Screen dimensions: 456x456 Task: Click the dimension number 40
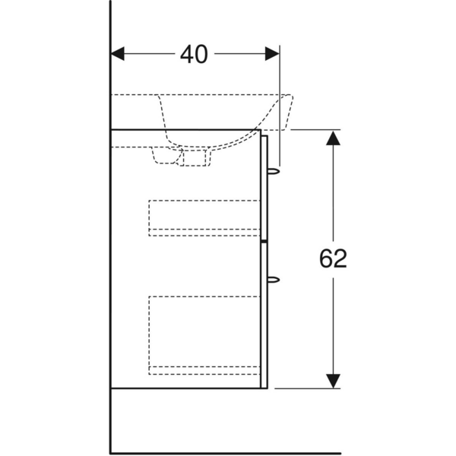(x=194, y=55)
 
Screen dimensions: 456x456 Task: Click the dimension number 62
(x=333, y=258)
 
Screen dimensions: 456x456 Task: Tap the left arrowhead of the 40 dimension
(x=118, y=54)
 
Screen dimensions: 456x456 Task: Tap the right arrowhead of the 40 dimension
(x=272, y=54)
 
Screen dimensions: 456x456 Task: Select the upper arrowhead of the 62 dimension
(x=333, y=138)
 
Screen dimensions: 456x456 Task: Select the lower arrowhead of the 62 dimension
(x=333, y=381)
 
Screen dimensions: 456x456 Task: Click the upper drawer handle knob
(x=274, y=171)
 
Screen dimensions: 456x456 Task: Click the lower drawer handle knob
(x=274, y=280)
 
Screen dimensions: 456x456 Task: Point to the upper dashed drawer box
(x=204, y=218)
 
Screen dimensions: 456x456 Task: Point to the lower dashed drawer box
(x=204, y=335)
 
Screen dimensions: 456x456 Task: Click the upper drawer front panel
(x=264, y=188)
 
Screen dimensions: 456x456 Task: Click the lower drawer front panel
(x=264, y=315)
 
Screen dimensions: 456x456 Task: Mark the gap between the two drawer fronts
(x=264, y=242)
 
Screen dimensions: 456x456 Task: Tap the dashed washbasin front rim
(x=283, y=112)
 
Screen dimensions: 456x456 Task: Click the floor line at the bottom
(x=226, y=453)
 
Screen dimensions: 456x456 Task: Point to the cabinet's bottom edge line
(x=189, y=388)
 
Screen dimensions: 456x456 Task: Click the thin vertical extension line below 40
(x=280, y=106)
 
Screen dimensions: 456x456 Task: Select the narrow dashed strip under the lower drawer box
(x=204, y=371)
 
